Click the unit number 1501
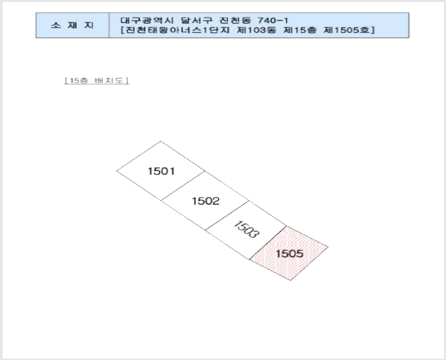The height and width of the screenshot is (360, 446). pyautogui.click(x=161, y=171)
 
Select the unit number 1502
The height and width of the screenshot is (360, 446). pyautogui.click(x=205, y=201)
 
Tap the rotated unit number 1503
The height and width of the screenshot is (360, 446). pyautogui.click(x=246, y=229)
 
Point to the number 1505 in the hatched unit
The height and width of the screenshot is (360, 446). pyautogui.click(x=289, y=254)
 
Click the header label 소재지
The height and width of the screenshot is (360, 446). pyautogui.click(x=73, y=25)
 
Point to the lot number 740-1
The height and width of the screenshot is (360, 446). pyautogui.click(x=273, y=20)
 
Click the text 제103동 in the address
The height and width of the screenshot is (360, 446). pyautogui.click(x=256, y=30)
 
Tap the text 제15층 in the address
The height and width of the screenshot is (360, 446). pyautogui.click(x=300, y=30)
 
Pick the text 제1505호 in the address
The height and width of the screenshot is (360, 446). pyautogui.click(x=347, y=30)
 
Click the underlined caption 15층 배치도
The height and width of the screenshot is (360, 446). pyautogui.click(x=96, y=81)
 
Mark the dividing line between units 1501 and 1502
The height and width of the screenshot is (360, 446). pyautogui.click(x=182, y=186)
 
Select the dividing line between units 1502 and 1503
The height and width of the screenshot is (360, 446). pyautogui.click(x=227, y=215)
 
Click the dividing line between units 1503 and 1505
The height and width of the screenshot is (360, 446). pyautogui.click(x=268, y=242)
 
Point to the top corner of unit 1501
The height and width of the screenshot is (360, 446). pyautogui.click(x=161, y=141)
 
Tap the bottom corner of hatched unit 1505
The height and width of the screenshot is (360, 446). pyautogui.click(x=291, y=280)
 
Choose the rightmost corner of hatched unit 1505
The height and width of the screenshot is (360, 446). pyautogui.click(x=328, y=248)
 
